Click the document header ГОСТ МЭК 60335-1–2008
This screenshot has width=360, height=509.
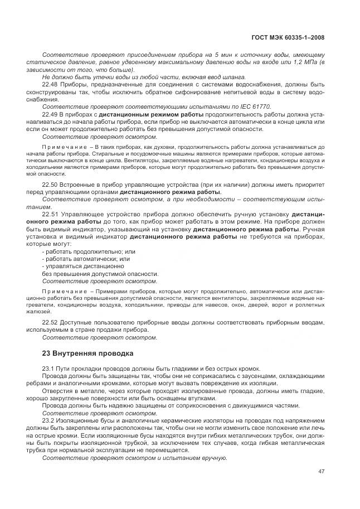(289, 38)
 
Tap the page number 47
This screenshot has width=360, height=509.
(322, 471)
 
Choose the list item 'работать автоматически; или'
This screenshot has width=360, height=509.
(78, 259)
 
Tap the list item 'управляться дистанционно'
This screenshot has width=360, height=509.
(75, 266)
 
